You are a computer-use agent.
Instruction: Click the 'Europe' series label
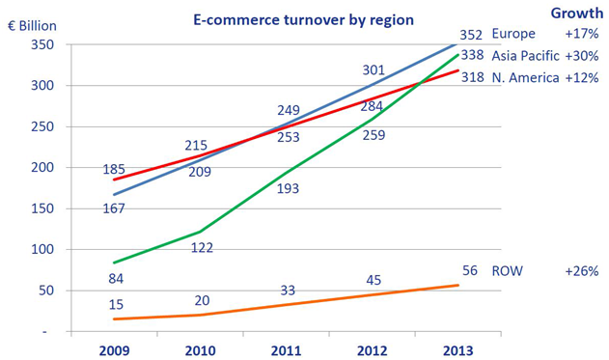tap(513, 33)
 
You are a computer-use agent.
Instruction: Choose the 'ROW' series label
tap(508, 271)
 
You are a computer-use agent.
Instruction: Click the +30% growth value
tap(584, 55)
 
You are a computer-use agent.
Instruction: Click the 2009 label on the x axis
tap(114, 350)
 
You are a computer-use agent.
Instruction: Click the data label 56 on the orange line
tap(470, 270)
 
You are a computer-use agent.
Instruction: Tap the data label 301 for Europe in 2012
tap(372, 70)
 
